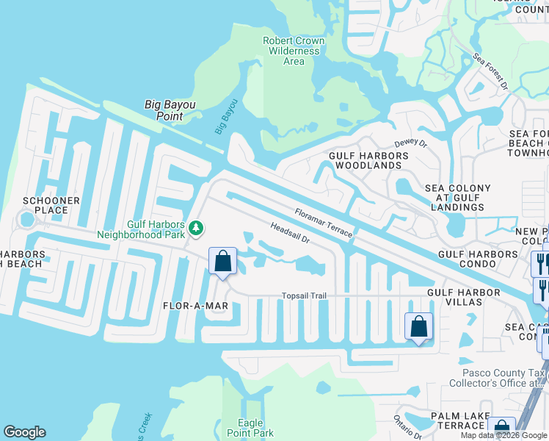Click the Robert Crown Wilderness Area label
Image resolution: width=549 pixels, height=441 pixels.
point(294,51)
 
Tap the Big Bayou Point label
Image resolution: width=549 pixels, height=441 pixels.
point(170,110)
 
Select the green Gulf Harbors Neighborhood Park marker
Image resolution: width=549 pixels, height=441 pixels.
point(196,228)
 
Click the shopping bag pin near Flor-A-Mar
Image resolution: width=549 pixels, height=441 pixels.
point(222,262)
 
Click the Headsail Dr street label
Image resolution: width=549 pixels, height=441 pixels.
point(291,234)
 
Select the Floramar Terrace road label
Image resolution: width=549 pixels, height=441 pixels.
point(323,223)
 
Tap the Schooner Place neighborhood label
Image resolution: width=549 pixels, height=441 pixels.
point(46,205)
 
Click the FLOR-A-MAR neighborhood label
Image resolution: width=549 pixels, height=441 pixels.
point(197,305)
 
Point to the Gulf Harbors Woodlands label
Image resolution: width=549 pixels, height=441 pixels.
point(368,160)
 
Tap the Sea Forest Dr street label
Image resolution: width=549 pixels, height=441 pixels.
point(490,71)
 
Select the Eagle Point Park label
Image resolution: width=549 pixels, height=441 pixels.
point(255,428)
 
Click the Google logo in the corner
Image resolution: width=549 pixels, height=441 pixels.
point(24,432)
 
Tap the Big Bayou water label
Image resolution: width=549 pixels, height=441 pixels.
point(227,116)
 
